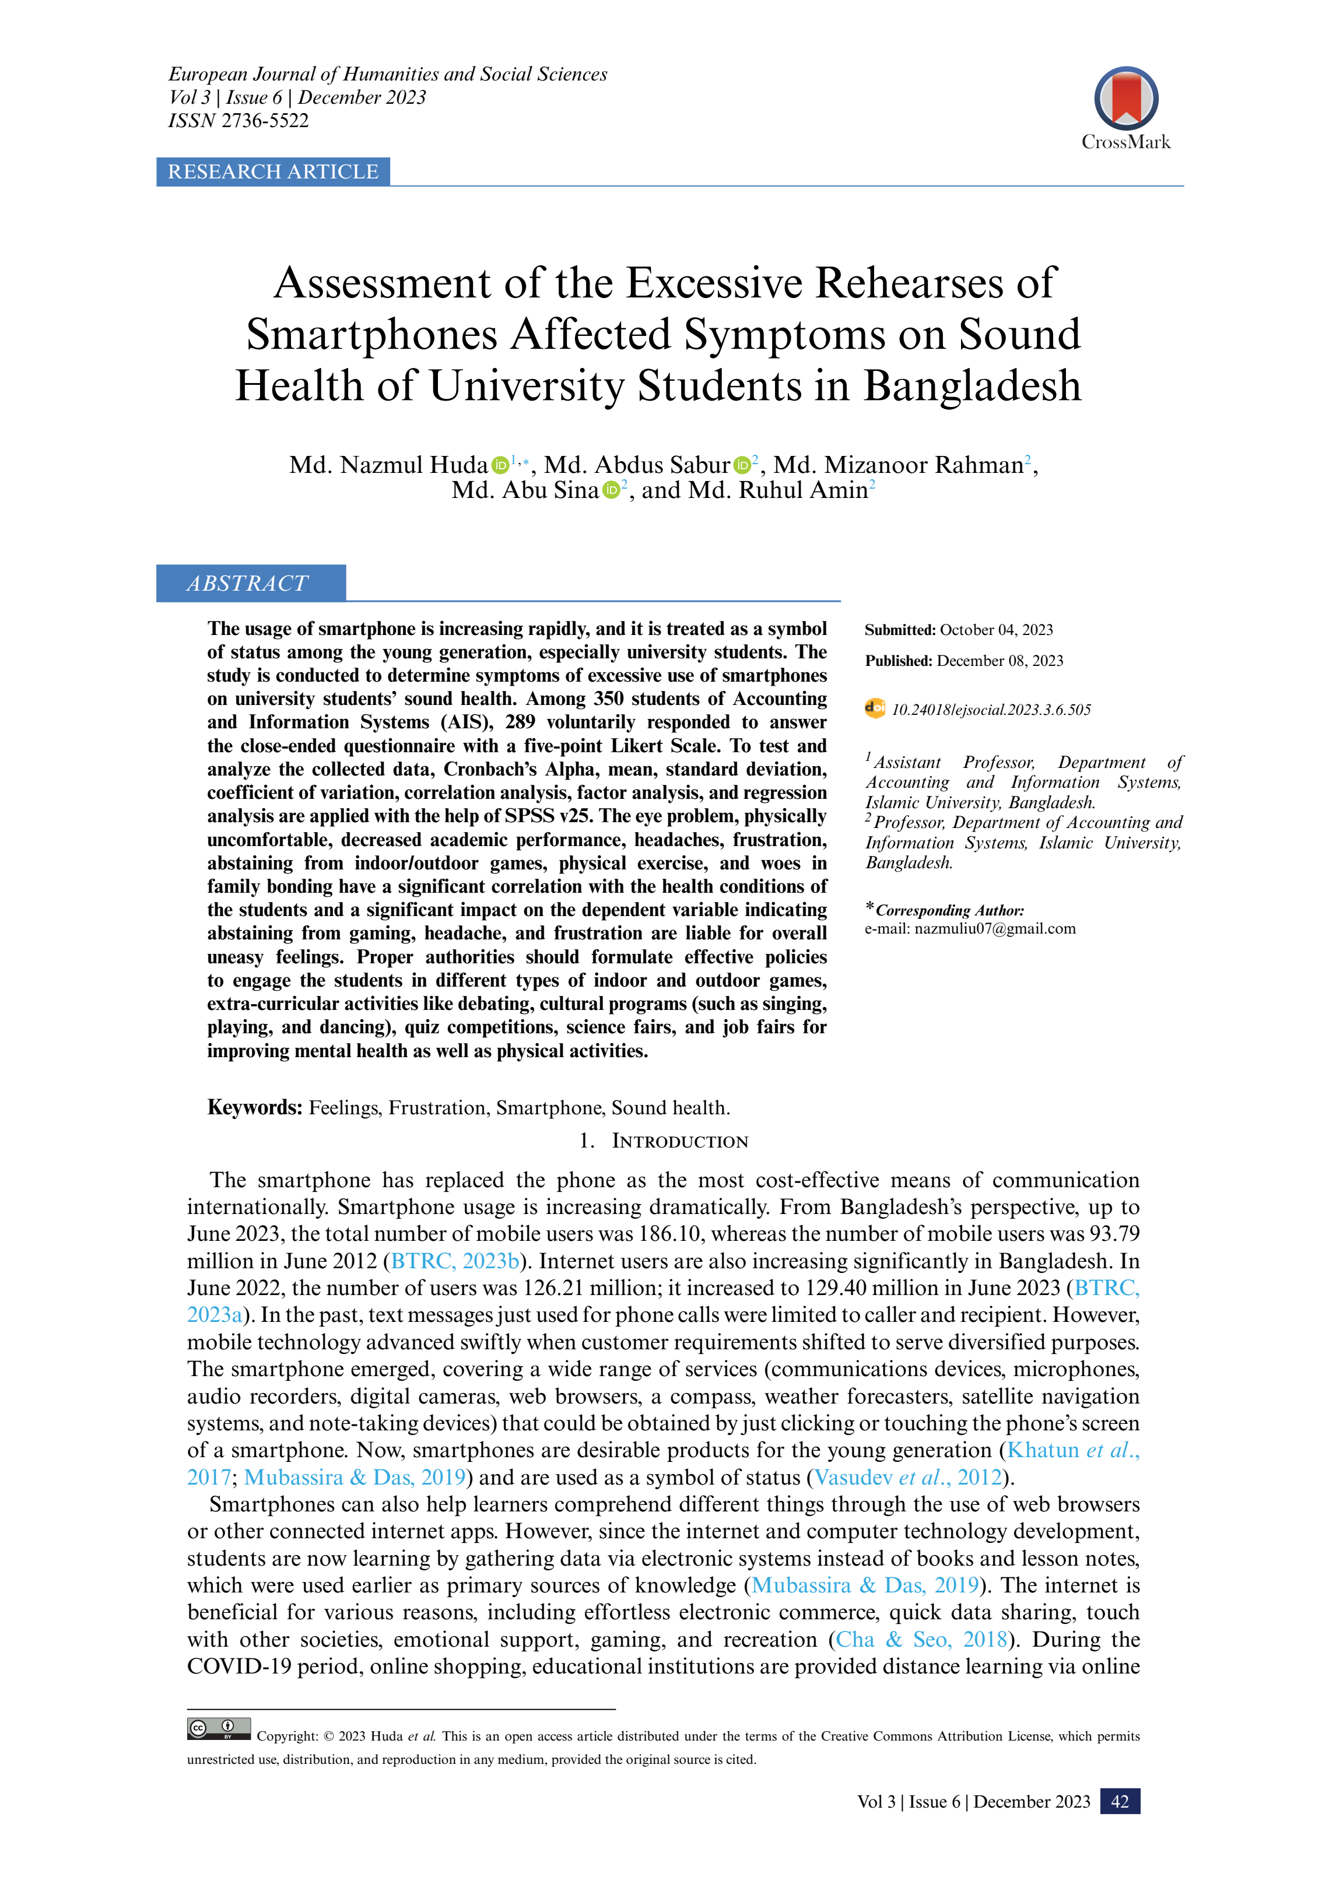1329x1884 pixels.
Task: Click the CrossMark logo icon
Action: pyautogui.click(x=1125, y=99)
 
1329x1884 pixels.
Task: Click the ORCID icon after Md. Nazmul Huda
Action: pyautogui.click(x=500, y=465)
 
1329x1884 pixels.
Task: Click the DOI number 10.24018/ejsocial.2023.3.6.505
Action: pyautogui.click(x=991, y=710)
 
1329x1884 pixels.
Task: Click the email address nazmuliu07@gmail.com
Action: pyautogui.click(x=995, y=929)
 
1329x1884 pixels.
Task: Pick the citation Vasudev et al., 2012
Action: pyautogui.click(x=908, y=1477)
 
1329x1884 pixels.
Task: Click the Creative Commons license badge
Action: pyautogui.click(x=218, y=1729)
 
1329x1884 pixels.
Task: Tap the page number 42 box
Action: pyautogui.click(x=1120, y=1801)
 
